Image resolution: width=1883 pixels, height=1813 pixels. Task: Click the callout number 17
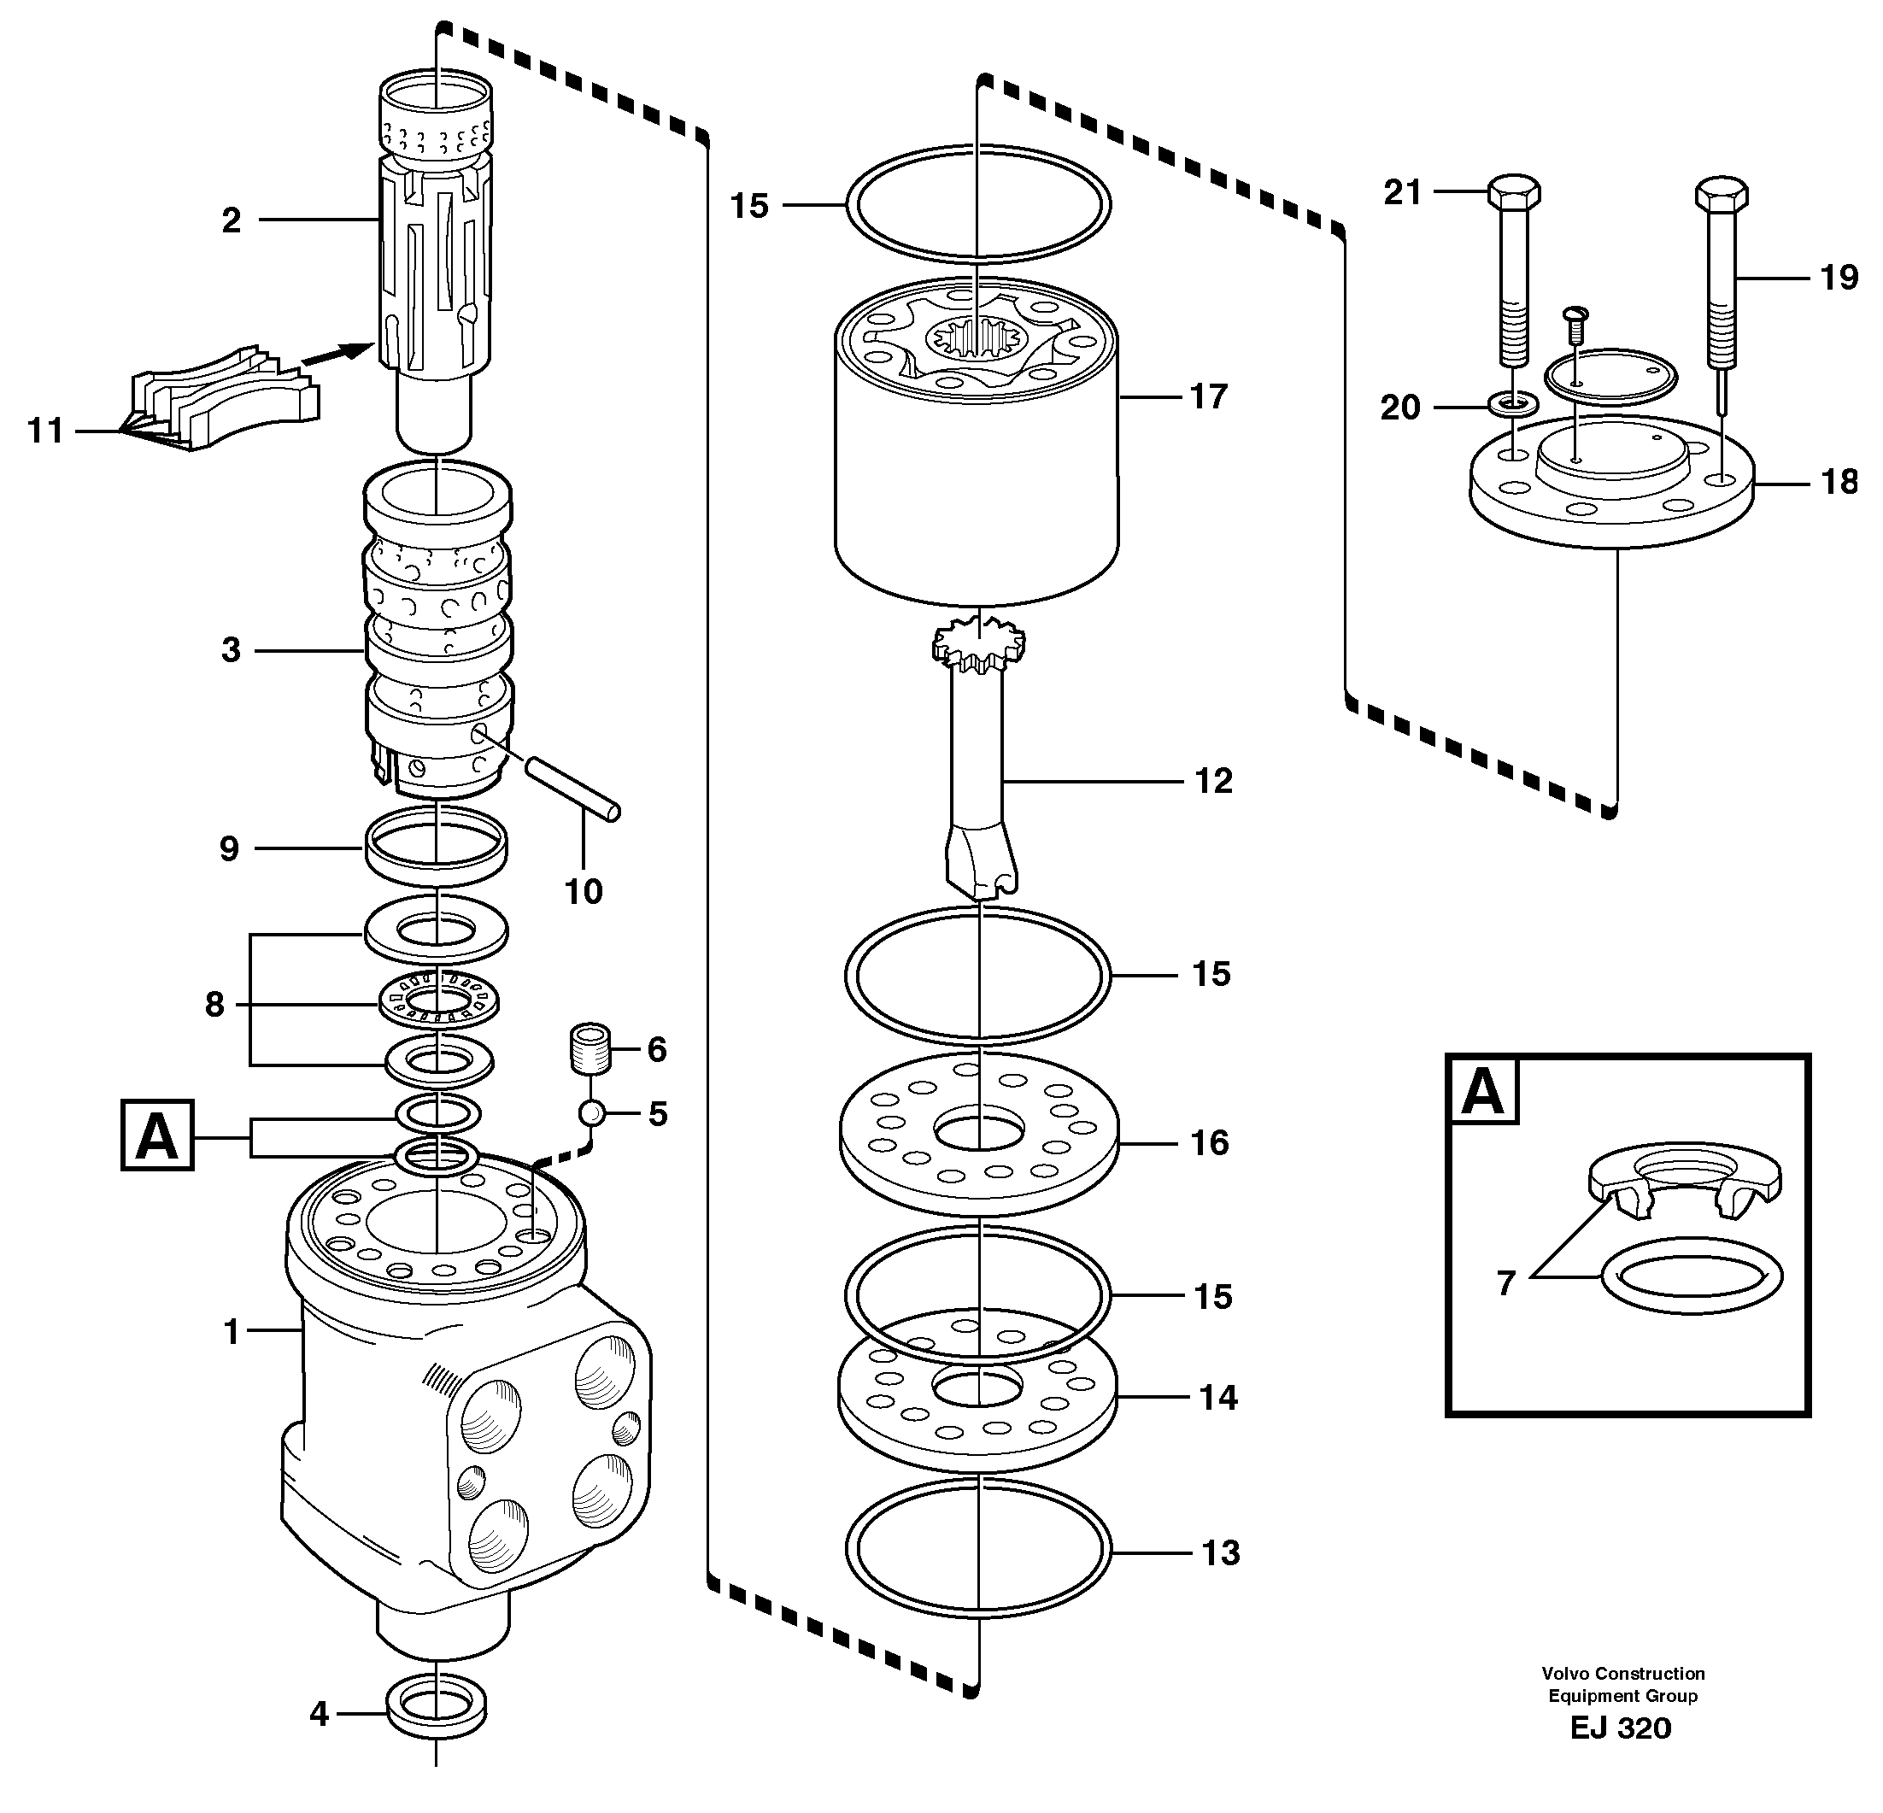pyautogui.click(x=1209, y=396)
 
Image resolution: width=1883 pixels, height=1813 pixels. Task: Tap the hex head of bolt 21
pyautogui.click(x=1514, y=191)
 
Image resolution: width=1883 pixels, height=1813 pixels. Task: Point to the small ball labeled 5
pyautogui.click(x=592, y=1113)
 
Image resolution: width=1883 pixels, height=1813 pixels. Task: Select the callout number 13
pyautogui.click(x=1220, y=1552)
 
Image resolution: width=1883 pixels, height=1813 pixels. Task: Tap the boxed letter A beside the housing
pyautogui.click(x=157, y=1135)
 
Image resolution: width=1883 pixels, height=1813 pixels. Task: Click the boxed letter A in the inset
pyautogui.click(x=1482, y=1090)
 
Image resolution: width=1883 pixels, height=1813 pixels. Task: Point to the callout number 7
pyautogui.click(x=1505, y=1282)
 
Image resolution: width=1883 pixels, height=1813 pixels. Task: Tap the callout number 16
pyautogui.click(x=1210, y=1142)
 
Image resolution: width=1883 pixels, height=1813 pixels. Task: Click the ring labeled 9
pyautogui.click(x=437, y=846)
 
